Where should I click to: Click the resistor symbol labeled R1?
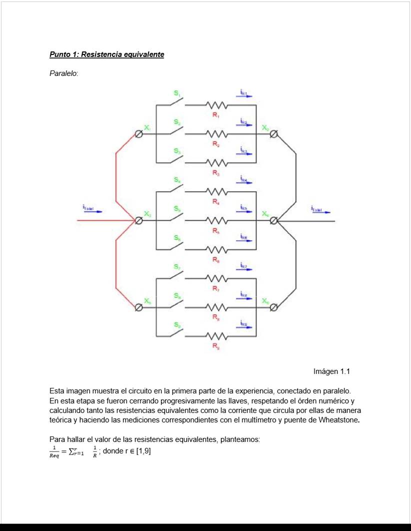click(x=217, y=105)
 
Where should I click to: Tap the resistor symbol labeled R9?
click(x=217, y=335)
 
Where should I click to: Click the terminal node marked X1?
click(x=139, y=134)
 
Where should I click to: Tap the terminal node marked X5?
click(x=139, y=307)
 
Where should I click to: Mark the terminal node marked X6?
click(x=273, y=307)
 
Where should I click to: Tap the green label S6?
click(x=177, y=239)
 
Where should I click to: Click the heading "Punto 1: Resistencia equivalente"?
click(x=106, y=54)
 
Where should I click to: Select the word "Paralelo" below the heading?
click(x=62, y=73)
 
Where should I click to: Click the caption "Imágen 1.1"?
click(x=331, y=371)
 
